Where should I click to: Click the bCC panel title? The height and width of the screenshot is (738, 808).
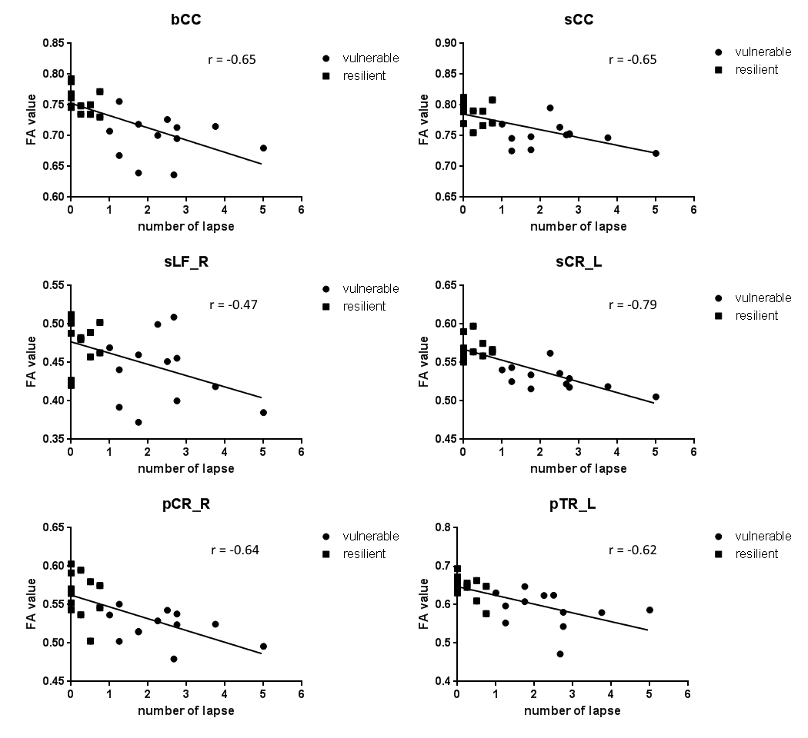tap(185, 20)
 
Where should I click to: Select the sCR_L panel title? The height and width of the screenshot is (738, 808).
tap(578, 262)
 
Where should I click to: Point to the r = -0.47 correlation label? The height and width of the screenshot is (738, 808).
tap(233, 304)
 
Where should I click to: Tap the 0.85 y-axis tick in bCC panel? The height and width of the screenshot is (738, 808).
tap(53, 43)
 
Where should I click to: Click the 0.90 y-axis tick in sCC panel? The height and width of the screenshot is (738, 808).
tap(446, 43)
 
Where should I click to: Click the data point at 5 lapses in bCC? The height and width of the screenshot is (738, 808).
tap(263, 148)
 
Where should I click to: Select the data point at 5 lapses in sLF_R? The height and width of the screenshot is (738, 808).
tap(263, 412)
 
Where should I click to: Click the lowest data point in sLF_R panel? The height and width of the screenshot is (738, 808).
tap(139, 422)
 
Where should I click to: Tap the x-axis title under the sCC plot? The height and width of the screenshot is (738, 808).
tap(578, 227)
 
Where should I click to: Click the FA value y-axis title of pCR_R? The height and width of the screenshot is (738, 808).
tap(32, 603)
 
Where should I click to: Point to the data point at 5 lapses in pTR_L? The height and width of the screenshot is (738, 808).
tap(649, 610)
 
